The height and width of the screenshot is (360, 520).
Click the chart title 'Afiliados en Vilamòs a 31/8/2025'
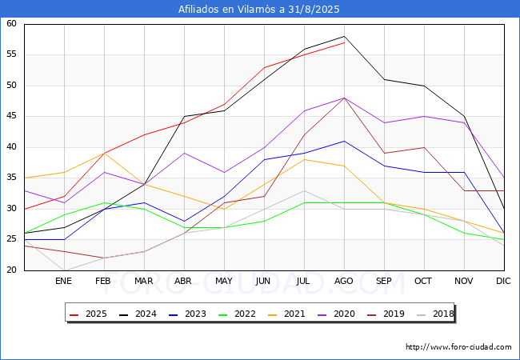coord(258,9)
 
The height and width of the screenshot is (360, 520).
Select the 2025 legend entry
coord(88,314)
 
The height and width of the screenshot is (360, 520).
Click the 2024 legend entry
coord(138,314)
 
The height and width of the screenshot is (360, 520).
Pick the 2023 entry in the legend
coord(187,314)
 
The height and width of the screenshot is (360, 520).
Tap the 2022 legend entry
coord(237,314)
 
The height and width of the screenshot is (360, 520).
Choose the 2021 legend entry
coord(286,314)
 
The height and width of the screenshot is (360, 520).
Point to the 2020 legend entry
coord(336,314)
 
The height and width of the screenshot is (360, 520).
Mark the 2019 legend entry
coord(386,314)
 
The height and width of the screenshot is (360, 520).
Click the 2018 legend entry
coord(435,314)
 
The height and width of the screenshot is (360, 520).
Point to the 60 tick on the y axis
coord(11,23)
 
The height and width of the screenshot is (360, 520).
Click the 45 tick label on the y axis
coord(11,116)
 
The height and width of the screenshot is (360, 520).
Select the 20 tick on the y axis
coord(11,270)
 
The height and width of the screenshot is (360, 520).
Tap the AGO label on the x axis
coord(343,281)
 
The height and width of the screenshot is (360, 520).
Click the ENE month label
coord(63,281)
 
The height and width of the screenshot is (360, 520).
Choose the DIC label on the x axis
coord(503,281)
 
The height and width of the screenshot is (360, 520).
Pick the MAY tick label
coord(224,281)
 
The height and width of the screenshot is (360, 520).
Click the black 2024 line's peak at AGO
coord(344,36)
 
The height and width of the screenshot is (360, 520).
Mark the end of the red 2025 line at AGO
coord(344,42)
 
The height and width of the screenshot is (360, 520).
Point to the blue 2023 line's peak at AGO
coord(344,141)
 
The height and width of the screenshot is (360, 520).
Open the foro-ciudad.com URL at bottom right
coord(458,347)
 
